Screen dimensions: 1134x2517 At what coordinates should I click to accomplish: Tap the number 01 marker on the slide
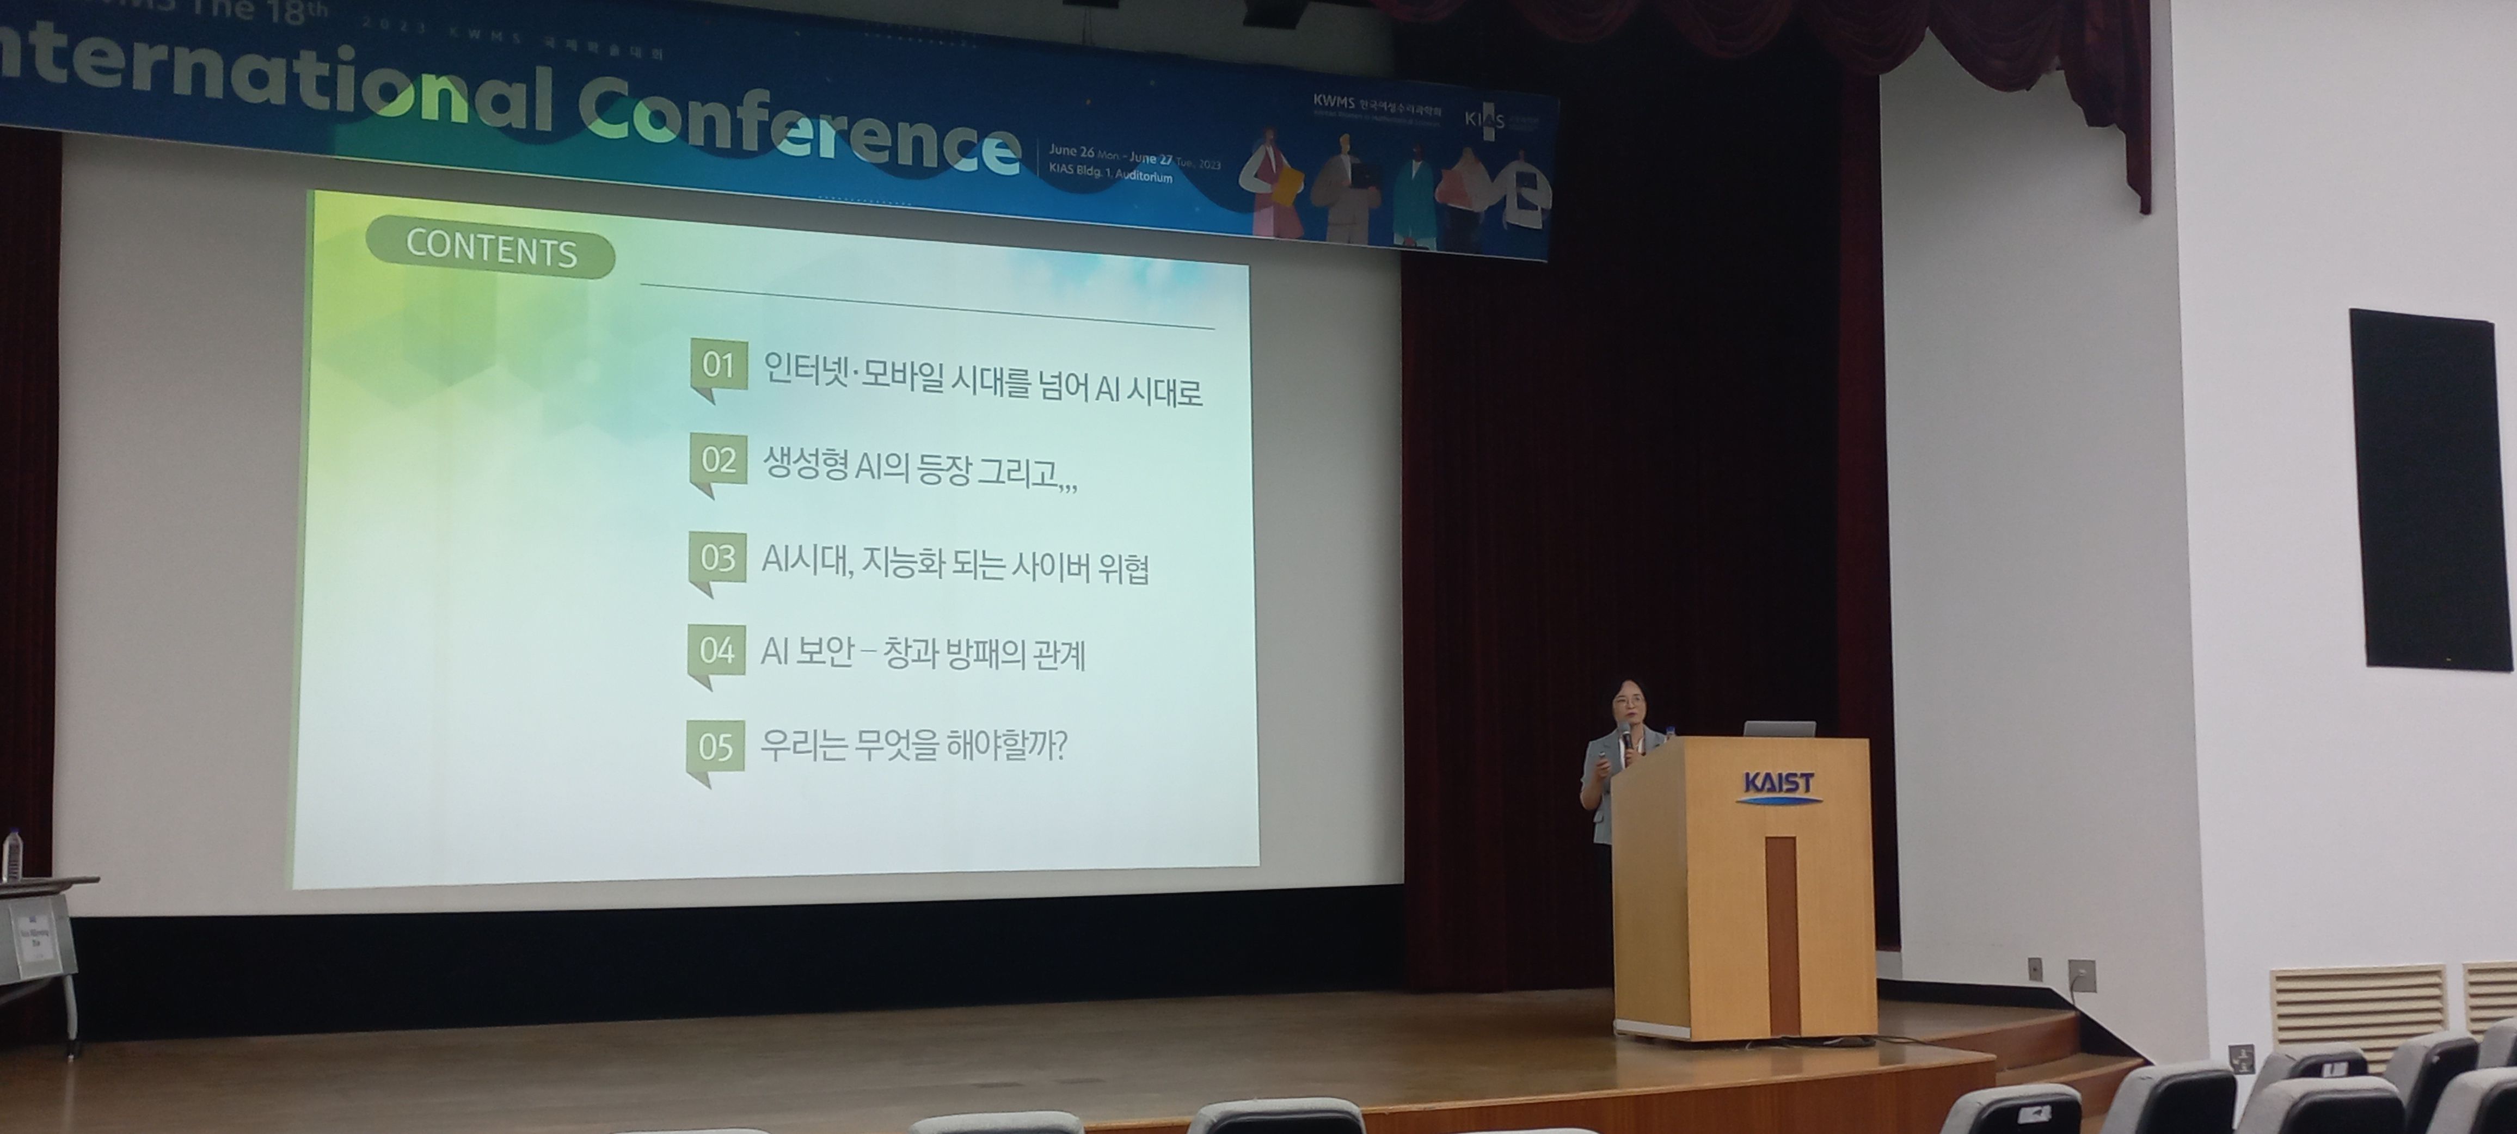click(x=718, y=365)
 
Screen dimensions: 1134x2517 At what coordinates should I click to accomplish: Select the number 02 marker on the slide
click(x=718, y=459)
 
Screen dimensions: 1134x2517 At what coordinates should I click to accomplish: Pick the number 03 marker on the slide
click(x=717, y=558)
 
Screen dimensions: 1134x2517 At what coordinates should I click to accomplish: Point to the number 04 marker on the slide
click(x=716, y=650)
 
